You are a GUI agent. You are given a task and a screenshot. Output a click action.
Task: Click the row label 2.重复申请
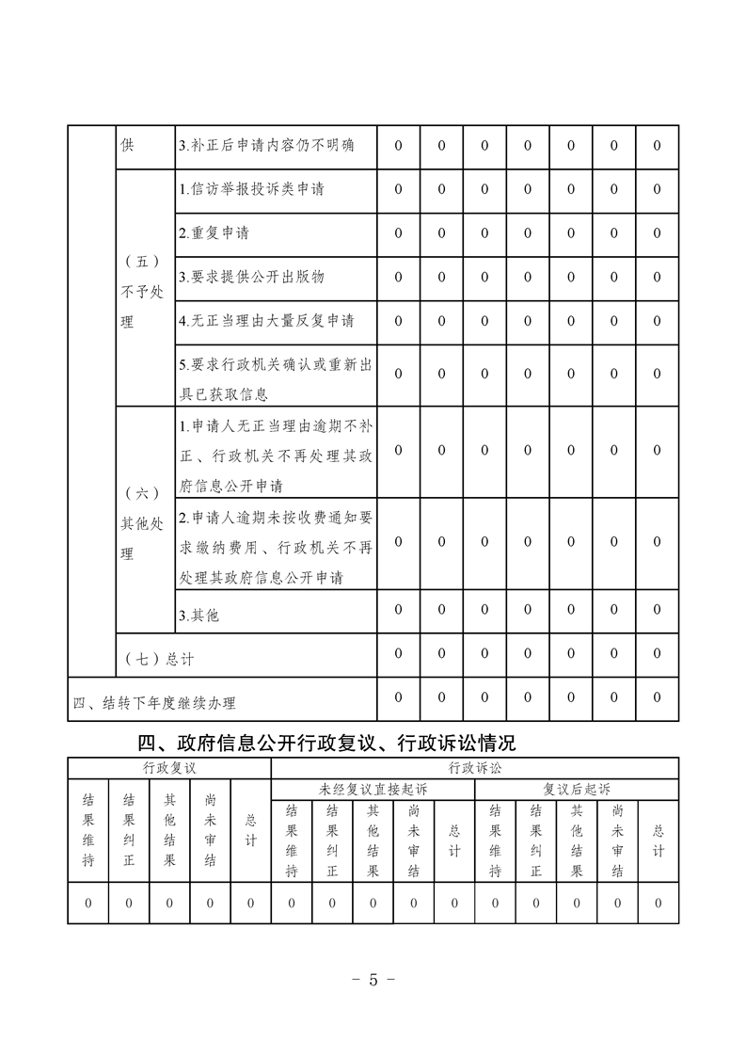[x=214, y=232]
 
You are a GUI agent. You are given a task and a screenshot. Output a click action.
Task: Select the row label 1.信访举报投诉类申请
[x=251, y=189]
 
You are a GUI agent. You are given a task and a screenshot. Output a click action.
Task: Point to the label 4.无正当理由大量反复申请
[x=266, y=320]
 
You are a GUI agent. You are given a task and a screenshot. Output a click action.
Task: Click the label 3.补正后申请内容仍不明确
[x=266, y=146]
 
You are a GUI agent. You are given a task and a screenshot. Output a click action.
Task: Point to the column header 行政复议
[x=169, y=768]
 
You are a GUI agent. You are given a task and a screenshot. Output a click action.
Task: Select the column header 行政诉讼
[x=475, y=768]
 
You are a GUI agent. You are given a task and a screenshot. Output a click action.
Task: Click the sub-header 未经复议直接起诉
[x=373, y=789]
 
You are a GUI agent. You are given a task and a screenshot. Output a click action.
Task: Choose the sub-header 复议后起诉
[x=577, y=789]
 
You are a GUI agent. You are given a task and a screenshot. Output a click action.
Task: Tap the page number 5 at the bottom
[x=372, y=979]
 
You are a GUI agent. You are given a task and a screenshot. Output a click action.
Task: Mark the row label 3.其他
[x=198, y=615]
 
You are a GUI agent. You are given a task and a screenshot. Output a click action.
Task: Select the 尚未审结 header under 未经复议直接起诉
[x=414, y=840]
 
